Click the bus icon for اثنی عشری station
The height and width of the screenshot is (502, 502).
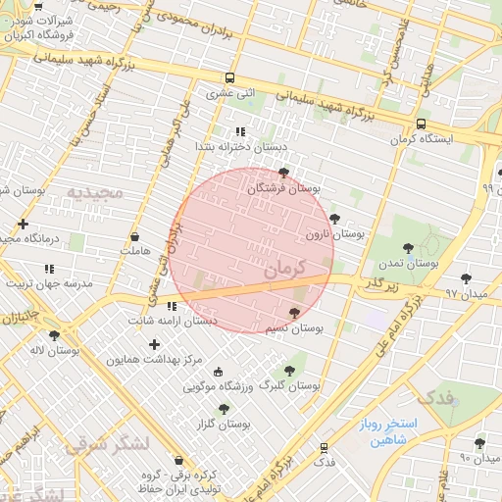[229, 78]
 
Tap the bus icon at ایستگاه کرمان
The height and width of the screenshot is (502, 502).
[421, 125]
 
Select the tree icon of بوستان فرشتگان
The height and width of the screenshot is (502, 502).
[284, 172]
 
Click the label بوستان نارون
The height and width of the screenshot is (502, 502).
[333, 235]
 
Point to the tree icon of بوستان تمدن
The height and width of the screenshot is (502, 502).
[409, 247]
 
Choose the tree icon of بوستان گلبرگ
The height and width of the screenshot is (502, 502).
[288, 370]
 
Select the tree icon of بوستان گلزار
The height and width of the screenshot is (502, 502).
[224, 408]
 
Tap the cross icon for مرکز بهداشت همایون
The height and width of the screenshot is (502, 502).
[154, 344]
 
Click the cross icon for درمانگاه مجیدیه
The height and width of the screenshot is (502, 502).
[23, 224]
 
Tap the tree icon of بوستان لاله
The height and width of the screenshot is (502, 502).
[54, 334]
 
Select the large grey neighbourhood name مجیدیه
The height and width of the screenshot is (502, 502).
[95, 192]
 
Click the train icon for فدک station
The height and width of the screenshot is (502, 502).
[324, 447]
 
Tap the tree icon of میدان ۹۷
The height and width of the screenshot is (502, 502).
[466, 278]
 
